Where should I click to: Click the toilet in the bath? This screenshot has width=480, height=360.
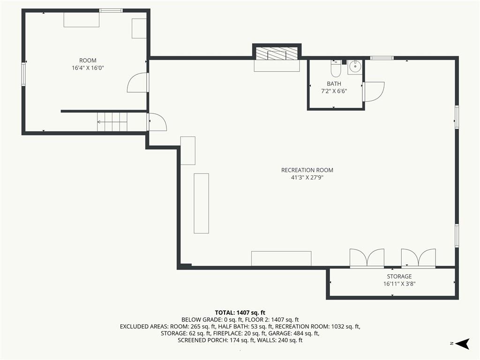[x=336, y=68]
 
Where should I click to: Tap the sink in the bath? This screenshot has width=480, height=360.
[x=355, y=67]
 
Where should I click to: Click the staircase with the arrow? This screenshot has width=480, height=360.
[x=112, y=122]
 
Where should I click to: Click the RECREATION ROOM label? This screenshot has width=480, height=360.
[x=307, y=170]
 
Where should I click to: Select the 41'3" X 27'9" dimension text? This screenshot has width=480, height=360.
[x=307, y=178]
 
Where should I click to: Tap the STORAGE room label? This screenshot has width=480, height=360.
[x=399, y=277]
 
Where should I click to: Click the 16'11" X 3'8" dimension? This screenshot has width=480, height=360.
[x=399, y=284]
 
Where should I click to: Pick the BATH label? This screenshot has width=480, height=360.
[x=334, y=83]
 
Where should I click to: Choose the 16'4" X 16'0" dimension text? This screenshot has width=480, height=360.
[x=88, y=68]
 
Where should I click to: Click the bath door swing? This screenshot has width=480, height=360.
[x=374, y=92]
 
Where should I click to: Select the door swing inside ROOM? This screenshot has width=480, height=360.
[x=138, y=82]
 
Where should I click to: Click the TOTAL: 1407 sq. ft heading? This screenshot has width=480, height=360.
[x=240, y=313]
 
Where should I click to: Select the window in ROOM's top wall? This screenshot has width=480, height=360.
[x=111, y=10]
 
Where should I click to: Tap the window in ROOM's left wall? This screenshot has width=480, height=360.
[x=23, y=74]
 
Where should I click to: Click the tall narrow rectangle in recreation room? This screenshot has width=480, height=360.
[x=202, y=203]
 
